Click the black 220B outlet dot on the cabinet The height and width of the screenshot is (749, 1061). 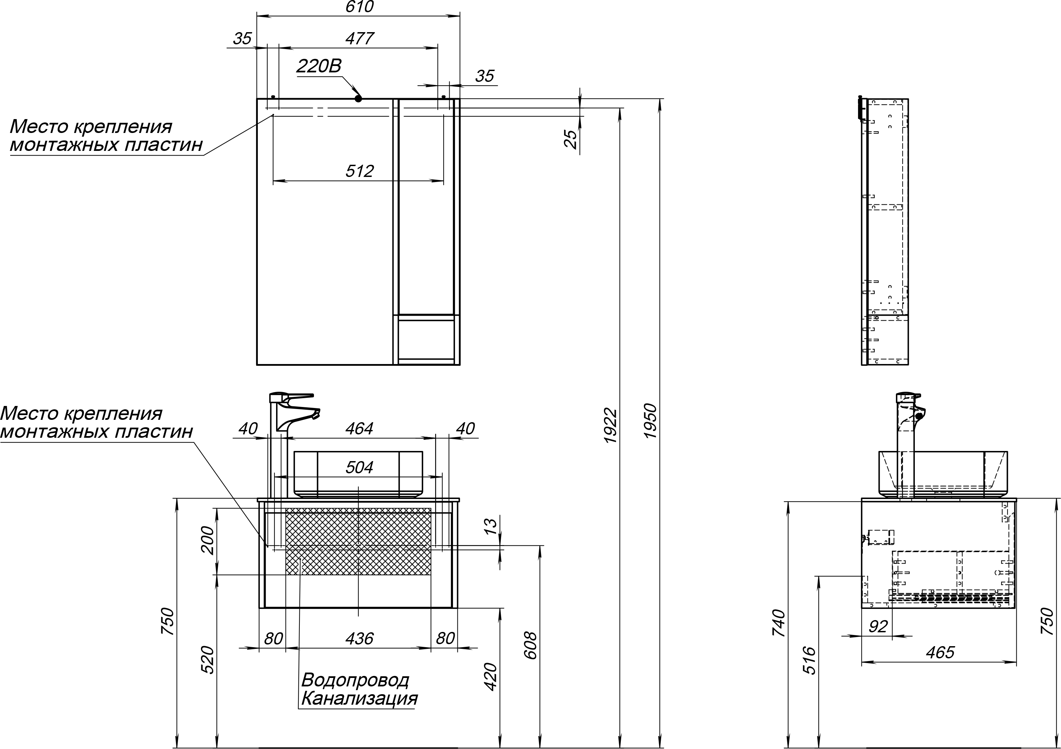tap(358, 98)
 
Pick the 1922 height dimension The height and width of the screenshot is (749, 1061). tap(611, 426)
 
